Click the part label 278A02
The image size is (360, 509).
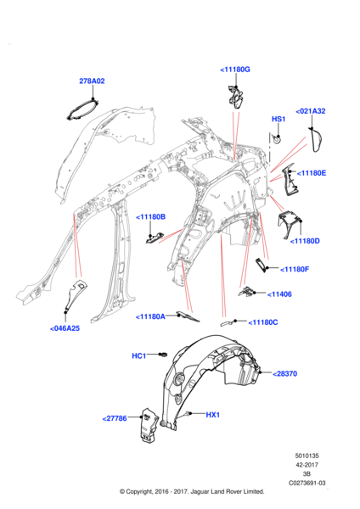(x=92, y=81)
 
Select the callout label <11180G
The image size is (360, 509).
(x=235, y=70)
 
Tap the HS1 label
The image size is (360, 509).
(x=278, y=119)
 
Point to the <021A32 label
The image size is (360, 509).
(x=311, y=111)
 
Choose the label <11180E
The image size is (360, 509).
(x=312, y=173)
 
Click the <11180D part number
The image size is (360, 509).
(x=305, y=241)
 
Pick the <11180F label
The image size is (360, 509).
(x=295, y=269)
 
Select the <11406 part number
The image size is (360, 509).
(x=279, y=294)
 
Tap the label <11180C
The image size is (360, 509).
(x=263, y=322)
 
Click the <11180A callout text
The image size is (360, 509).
(x=150, y=316)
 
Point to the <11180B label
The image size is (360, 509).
(x=150, y=217)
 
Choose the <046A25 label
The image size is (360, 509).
(x=65, y=328)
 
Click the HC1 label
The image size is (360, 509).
(x=138, y=356)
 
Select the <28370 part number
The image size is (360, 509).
(x=284, y=373)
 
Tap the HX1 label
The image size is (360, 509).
(x=213, y=415)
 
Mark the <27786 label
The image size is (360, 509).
(x=115, y=418)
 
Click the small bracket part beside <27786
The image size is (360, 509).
(x=149, y=425)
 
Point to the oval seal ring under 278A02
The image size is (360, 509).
(x=82, y=110)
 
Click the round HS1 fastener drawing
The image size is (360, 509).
(x=277, y=139)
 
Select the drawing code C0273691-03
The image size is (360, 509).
(x=307, y=483)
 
